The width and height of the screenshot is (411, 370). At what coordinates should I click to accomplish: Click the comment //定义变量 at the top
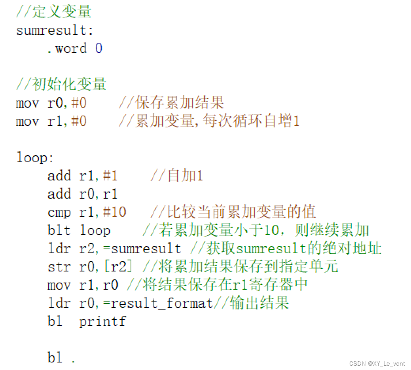point(53,11)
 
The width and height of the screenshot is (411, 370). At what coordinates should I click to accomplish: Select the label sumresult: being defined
point(55,30)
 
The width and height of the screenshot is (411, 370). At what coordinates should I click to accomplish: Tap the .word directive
point(67,48)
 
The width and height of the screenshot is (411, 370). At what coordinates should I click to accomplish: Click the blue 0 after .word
point(98,48)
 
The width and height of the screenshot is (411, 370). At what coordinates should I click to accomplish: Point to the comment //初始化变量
point(61,85)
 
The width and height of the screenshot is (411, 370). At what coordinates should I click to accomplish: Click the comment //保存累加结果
point(171,103)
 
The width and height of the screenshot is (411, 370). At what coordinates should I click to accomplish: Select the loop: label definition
point(35,157)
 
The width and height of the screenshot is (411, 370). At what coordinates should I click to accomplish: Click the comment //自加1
point(176,176)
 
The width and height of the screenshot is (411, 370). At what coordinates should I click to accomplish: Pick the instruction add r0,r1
point(82,194)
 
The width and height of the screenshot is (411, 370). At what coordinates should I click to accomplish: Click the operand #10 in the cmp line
point(114,212)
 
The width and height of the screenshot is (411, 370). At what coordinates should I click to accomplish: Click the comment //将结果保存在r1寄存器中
point(217,285)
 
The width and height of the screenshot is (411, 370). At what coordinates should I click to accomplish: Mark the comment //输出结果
point(251,303)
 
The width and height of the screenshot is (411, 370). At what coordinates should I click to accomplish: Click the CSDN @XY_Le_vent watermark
point(377,363)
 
